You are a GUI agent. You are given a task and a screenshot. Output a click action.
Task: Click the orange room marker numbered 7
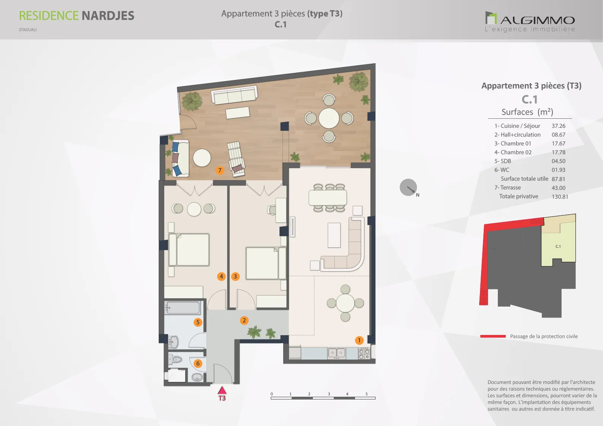tap(220, 170)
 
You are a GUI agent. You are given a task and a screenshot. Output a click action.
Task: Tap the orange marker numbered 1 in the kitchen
tap(359, 340)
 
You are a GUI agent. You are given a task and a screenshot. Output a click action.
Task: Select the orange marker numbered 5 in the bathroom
tap(198, 322)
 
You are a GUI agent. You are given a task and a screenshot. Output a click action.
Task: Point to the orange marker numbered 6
tap(198, 364)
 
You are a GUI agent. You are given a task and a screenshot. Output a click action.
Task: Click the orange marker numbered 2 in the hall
tap(244, 320)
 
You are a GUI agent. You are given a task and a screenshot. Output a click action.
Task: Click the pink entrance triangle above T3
tap(222, 390)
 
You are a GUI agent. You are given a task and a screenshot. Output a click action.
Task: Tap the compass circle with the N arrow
tap(408, 187)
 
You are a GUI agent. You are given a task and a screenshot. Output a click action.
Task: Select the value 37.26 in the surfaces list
tap(559, 126)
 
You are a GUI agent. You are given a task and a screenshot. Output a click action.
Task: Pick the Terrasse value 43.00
tap(559, 188)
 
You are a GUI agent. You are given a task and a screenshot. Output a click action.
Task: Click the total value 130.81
tap(560, 196)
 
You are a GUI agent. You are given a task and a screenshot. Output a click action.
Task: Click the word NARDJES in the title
tap(108, 16)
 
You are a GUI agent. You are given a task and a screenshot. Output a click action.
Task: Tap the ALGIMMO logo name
tap(538, 20)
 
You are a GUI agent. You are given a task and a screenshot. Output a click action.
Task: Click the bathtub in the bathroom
tap(183, 307)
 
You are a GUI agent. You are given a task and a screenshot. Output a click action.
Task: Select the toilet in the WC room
tap(175, 359)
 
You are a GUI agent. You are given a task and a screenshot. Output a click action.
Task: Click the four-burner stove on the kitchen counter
tap(364, 354)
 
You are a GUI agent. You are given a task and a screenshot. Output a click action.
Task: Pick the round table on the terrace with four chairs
tap(329, 118)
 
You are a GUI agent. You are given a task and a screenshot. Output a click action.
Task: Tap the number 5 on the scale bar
tap(366, 394)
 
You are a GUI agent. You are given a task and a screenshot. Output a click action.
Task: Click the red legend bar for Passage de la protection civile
tap(493, 336)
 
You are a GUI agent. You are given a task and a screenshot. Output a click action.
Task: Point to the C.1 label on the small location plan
tap(558, 246)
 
